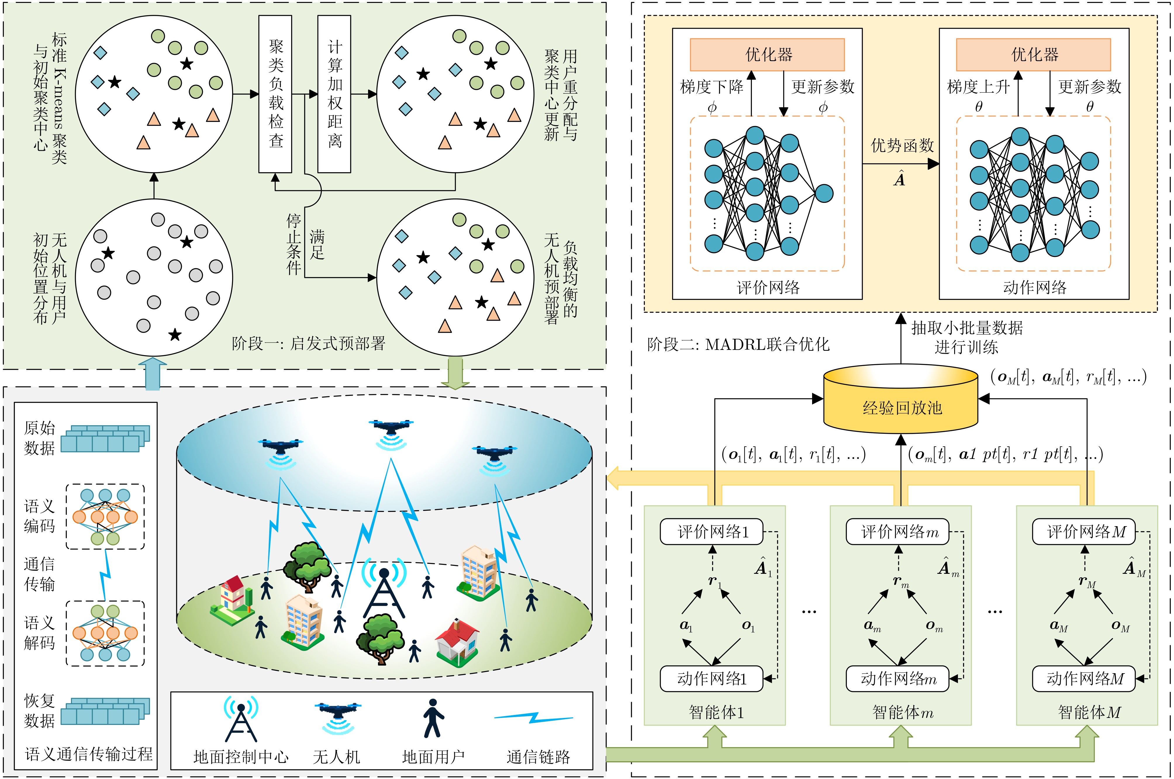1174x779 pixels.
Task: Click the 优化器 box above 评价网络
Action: coord(767,55)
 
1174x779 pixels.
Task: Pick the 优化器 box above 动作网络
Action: coord(1033,55)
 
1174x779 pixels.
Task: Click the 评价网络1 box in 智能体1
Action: coord(712,532)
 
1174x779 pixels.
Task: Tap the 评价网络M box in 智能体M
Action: coord(1084,532)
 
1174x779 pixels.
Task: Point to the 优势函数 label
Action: coord(902,146)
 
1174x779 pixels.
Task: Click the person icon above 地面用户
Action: coord(433,718)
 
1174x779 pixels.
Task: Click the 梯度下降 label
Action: coord(712,87)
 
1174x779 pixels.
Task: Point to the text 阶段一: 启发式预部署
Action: coord(308,343)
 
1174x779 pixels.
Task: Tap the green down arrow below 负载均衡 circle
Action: coord(455,373)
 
